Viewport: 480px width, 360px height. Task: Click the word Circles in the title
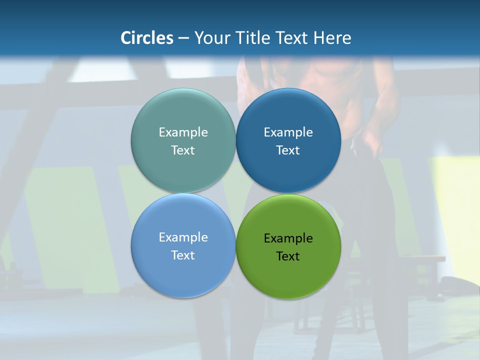(x=147, y=38)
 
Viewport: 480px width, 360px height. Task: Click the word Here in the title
(x=332, y=38)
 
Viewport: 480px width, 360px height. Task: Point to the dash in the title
(x=183, y=38)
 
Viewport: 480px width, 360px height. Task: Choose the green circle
(x=288, y=273)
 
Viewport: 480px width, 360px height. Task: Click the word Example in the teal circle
(x=183, y=132)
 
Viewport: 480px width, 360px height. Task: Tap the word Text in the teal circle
(x=183, y=150)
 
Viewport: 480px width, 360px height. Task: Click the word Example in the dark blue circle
(x=288, y=132)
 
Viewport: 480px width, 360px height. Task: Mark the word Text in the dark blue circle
(x=288, y=150)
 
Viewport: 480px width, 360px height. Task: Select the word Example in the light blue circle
(x=183, y=237)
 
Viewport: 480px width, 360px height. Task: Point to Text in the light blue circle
(x=183, y=255)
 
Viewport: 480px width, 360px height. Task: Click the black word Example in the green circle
(x=288, y=238)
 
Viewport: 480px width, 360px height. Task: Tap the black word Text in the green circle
(x=288, y=256)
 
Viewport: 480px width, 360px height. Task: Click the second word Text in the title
(x=292, y=38)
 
